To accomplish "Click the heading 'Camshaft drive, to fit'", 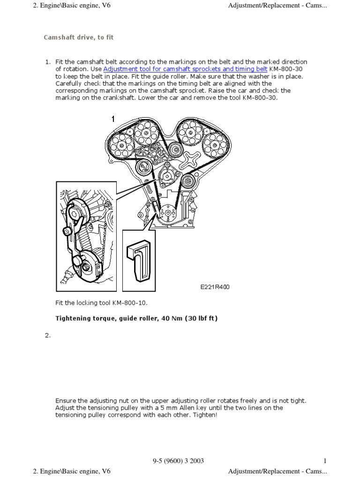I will tap(79, 37).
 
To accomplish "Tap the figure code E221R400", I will tap(215, 287).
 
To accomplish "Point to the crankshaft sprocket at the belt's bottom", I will tap(165, 214).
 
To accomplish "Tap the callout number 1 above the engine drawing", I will tap(113, 119).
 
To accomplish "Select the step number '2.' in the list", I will tap(47, 335).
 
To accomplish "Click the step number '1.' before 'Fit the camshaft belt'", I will tap(47, 62).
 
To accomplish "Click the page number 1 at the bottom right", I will tap(324, 461).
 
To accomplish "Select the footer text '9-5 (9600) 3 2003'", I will tap(178, 461).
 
